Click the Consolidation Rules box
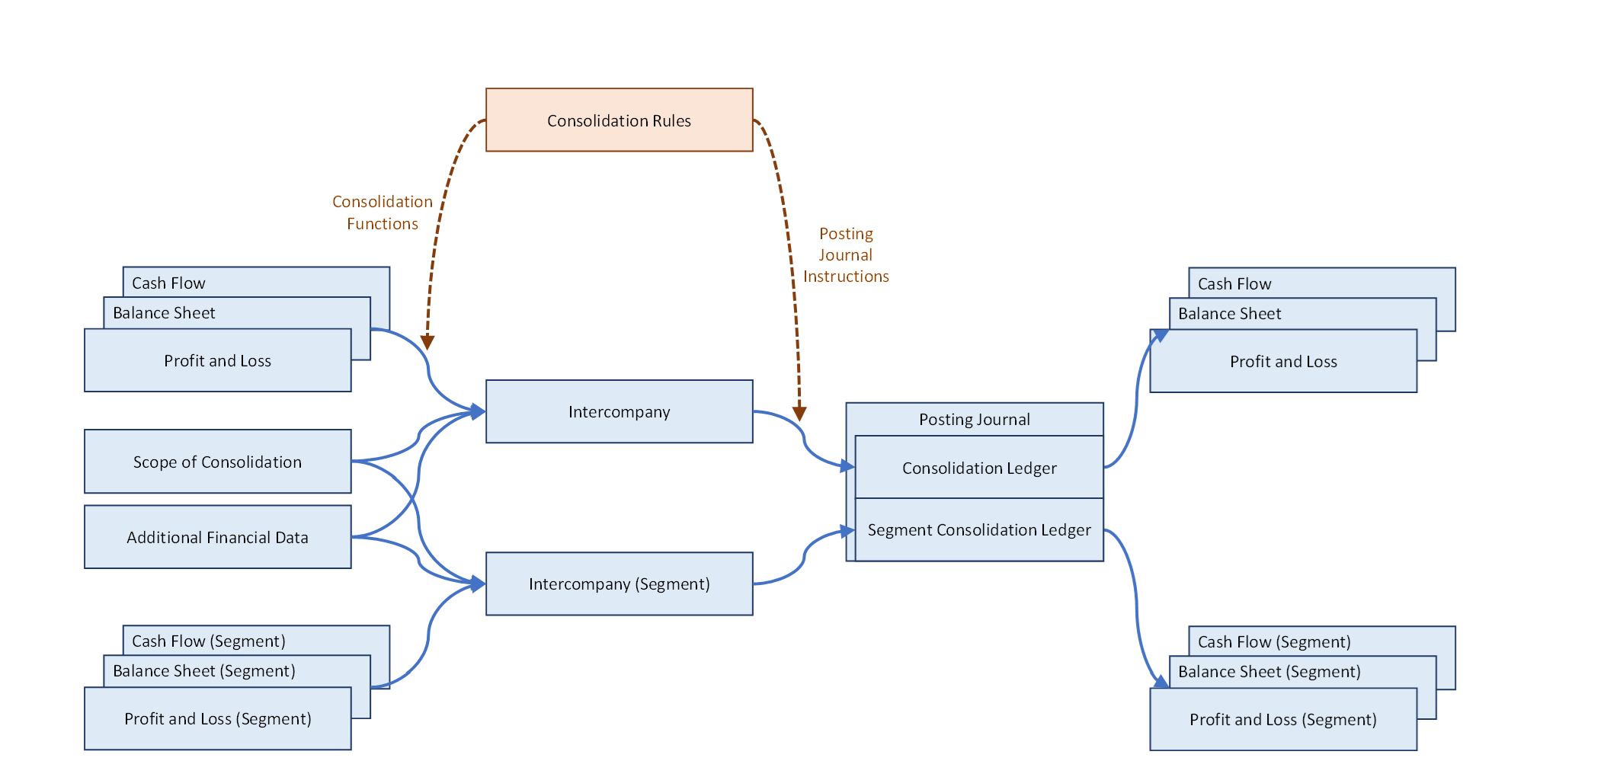619,120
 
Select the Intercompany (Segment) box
619,584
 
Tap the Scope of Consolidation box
217,462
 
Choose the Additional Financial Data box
217,537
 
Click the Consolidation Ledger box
979,468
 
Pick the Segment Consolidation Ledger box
979,529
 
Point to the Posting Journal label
974,419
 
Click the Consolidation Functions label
382,213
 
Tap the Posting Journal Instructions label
846,254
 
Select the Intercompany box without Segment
619,411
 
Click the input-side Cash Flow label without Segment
168,283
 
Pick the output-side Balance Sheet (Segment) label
1269,671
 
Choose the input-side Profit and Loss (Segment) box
217,718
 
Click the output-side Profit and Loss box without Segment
1283,361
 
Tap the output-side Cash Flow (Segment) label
1274,641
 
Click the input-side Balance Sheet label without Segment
164,312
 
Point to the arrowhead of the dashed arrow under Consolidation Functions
427,342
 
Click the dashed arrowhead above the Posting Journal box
799,413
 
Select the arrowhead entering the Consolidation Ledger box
847,465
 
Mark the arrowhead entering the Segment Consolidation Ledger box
847,531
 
